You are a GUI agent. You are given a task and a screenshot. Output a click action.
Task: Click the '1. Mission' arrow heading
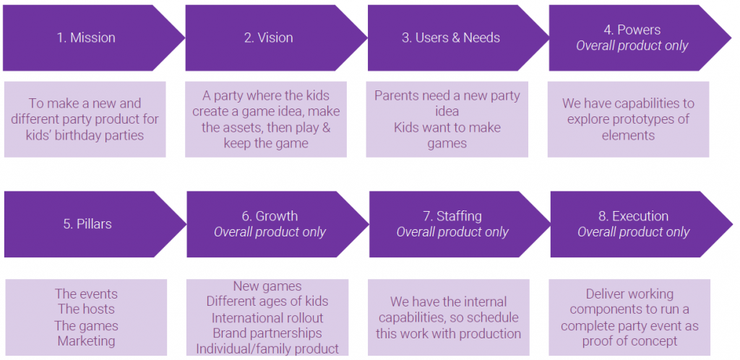click(86, 38)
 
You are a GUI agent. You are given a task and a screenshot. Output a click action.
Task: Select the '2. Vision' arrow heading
click(269, 38)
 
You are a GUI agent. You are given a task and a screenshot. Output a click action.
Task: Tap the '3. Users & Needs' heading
click(451, 38)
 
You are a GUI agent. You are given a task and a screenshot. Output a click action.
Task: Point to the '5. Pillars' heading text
click(87, 223)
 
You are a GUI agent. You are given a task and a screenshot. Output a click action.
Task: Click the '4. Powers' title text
click(632, 30)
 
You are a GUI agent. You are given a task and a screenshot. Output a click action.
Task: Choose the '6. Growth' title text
click(270, 216)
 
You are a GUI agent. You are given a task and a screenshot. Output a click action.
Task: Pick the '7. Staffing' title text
click(452, 216)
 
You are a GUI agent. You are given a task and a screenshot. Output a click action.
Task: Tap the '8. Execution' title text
click(633, 216)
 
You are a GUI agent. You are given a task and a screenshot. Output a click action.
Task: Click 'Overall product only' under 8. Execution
click(633, 231)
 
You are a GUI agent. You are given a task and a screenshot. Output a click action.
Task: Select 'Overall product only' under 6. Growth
click(270, 231)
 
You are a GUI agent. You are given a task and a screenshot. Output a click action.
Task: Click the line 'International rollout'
click(267, 317)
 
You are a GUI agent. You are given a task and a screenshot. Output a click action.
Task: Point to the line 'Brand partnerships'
click(267, 333)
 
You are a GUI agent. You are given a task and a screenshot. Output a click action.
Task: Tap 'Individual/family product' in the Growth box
click(267, 348)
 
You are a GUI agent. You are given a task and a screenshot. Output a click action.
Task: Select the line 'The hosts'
click(87, 309)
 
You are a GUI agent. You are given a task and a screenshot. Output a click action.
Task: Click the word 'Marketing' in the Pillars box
click(87, 340)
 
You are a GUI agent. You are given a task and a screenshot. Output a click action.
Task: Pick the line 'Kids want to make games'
click(447, 135)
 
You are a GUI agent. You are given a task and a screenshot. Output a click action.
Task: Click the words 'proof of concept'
click(630, 341)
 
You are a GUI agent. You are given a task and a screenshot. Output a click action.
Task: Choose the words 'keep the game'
click(266, 143)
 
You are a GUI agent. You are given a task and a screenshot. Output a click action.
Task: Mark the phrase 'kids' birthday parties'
click(85, 135)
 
